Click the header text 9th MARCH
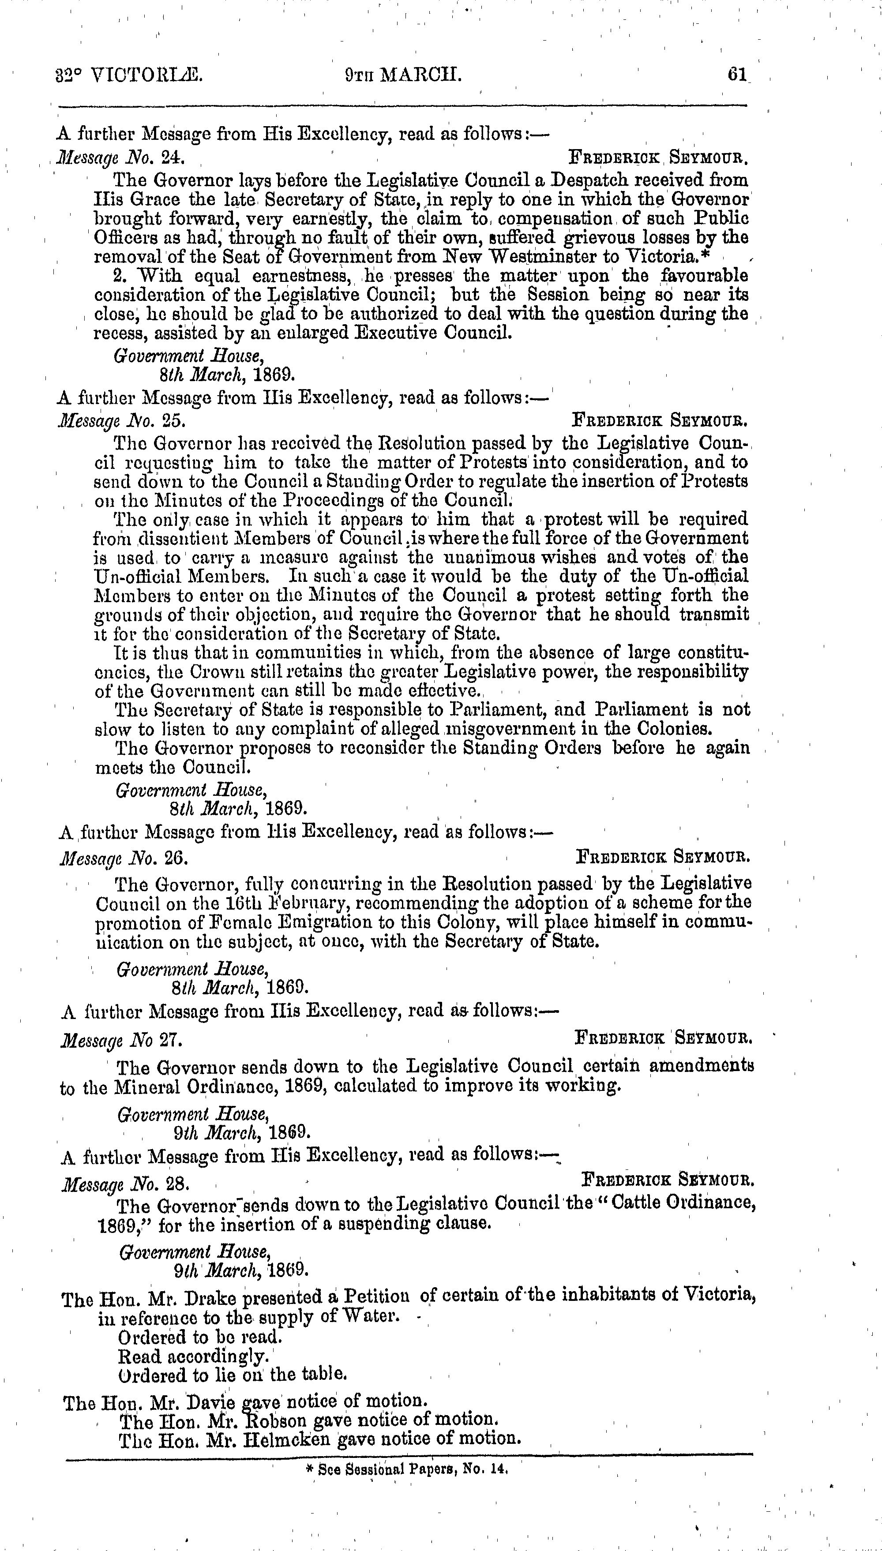[x=403, y=75]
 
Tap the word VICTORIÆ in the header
[x=146, y=75]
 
